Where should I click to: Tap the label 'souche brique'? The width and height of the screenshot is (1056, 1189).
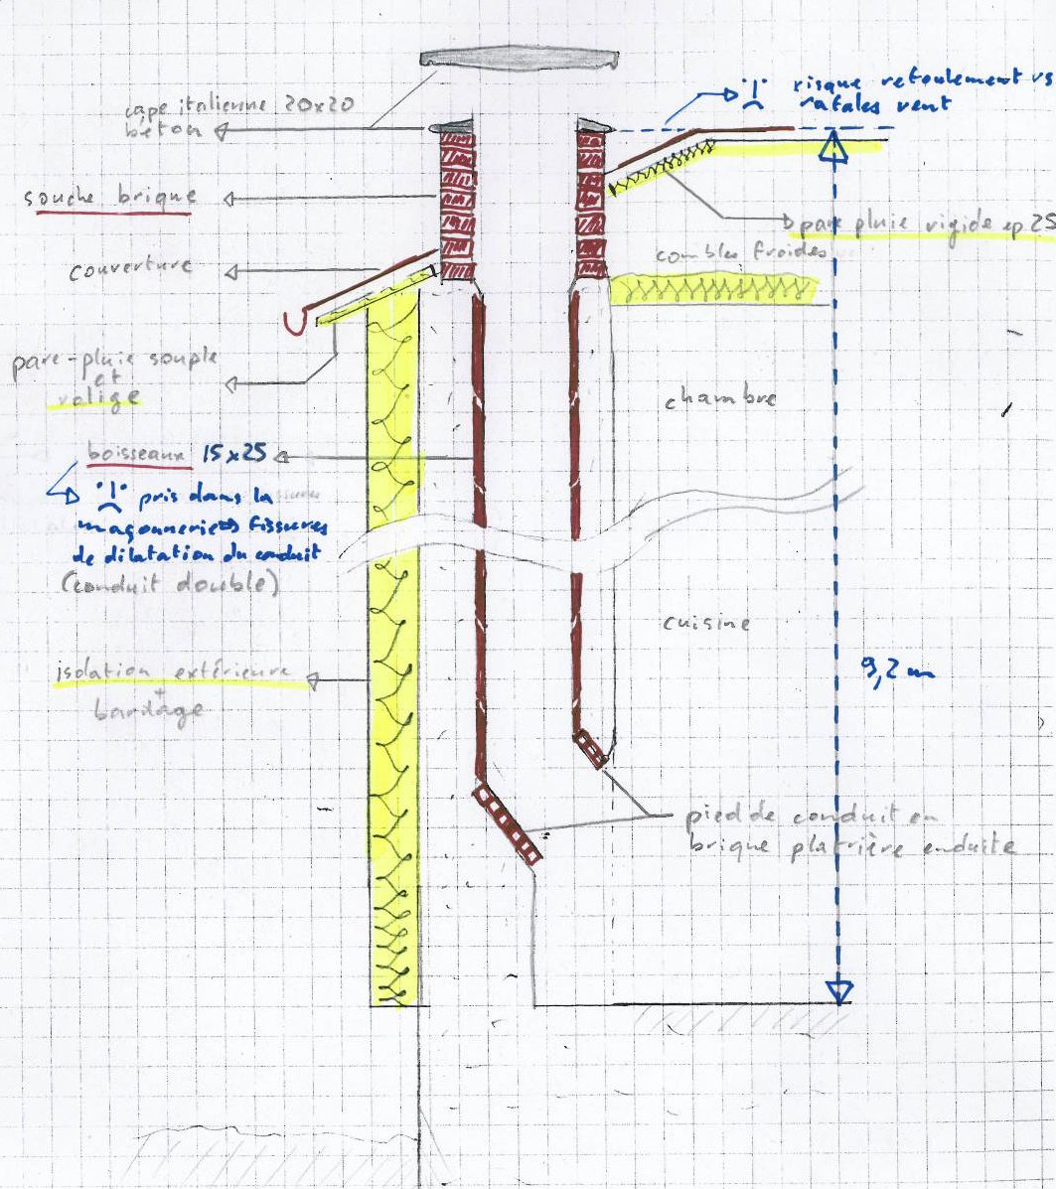coord(109,197)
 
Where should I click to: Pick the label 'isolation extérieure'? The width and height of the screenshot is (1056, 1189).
coord(175,675)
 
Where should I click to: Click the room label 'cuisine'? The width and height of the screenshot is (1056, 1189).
coord(705,624)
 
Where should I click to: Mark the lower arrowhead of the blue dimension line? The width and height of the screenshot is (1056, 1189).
coord(840,990)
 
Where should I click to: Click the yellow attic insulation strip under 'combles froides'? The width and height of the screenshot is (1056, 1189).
coord(712,289)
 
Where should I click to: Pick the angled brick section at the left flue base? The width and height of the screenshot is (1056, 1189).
coord(509,821)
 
